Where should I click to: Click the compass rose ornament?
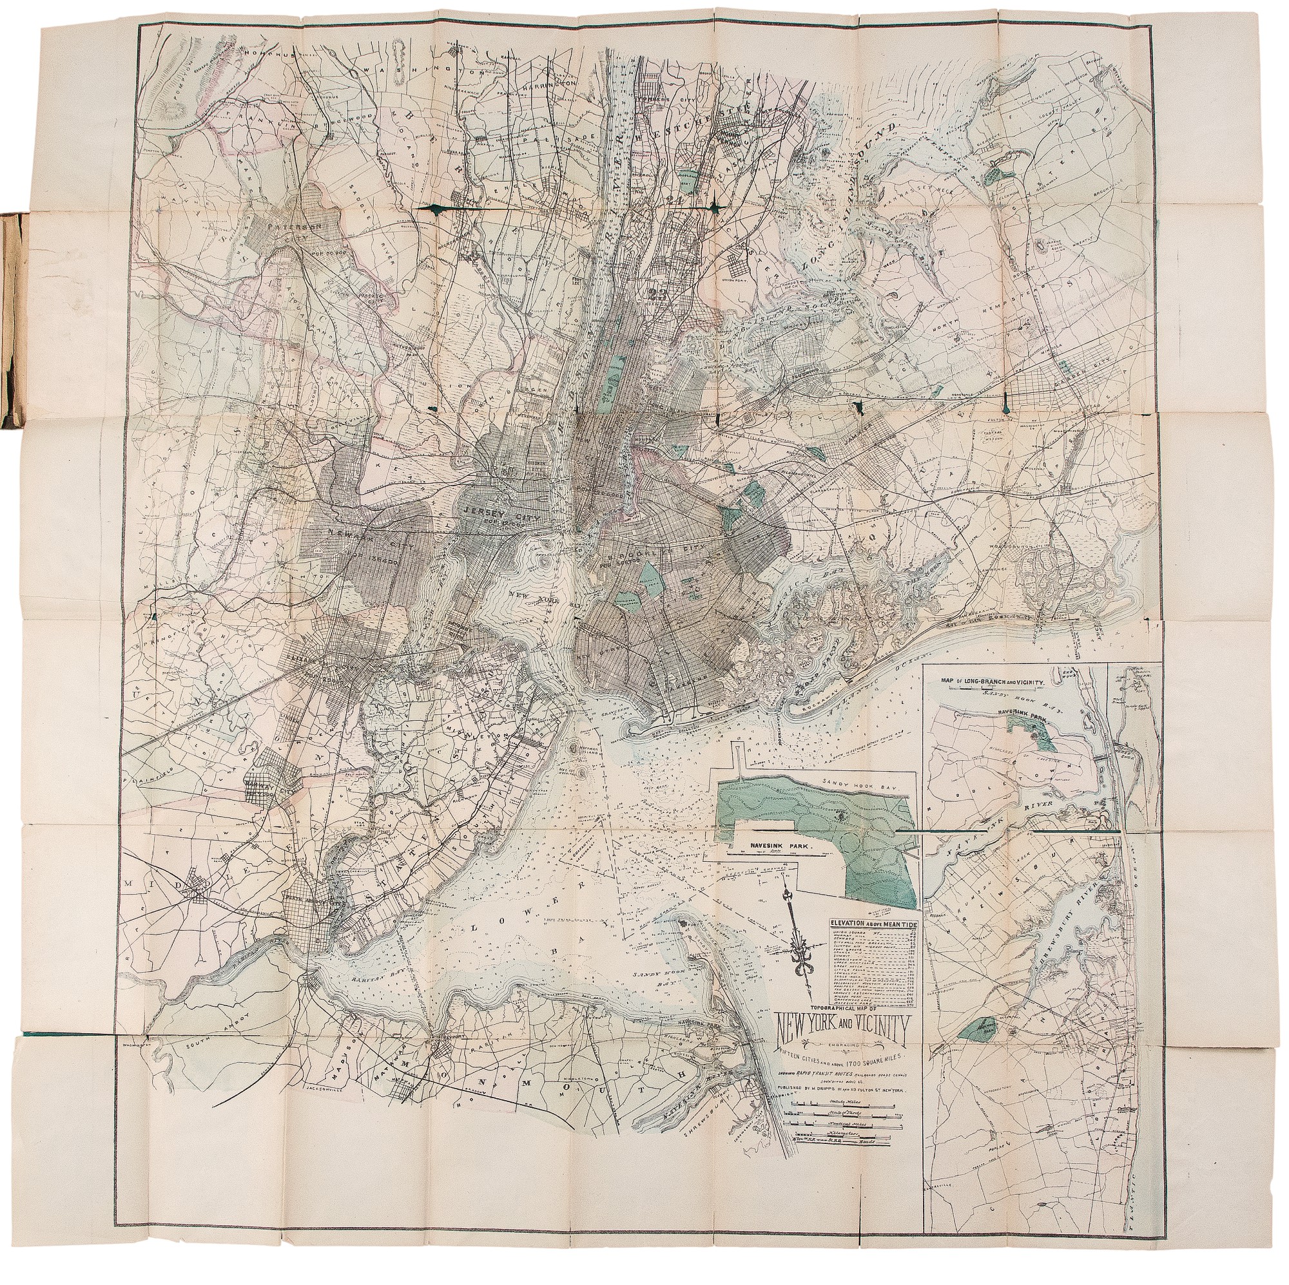[x=798, y=942]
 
